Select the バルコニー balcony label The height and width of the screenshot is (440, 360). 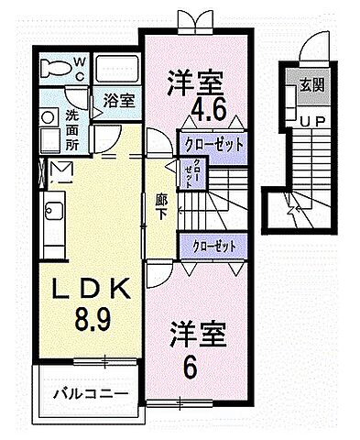point(89,396)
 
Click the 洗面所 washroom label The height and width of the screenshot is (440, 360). point(71,129)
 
